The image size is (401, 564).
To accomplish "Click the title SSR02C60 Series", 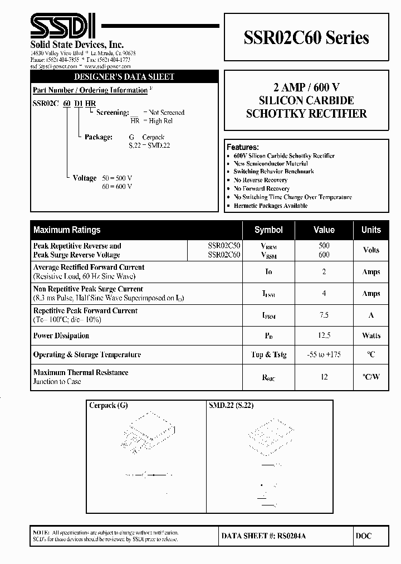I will click(x=306, y=38).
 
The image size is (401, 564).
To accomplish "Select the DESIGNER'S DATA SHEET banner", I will click(x=124, y=77).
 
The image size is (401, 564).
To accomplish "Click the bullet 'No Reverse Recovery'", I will click(x=260, y=180).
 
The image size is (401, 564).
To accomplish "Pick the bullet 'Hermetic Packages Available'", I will click(x=270, y=206).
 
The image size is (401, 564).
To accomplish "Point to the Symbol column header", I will click(x=268, y=230).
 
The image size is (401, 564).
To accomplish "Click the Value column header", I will click(x=324, y=230).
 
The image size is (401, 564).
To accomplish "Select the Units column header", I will click(x=371, y=230).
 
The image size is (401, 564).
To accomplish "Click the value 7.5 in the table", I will click(x=324, y=315).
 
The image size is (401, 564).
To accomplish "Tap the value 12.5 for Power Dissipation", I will click(x=324, y=336).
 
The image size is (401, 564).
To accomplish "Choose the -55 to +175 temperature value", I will click(x=324, y=354).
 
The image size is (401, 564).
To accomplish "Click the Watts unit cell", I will click(x=371, y=336).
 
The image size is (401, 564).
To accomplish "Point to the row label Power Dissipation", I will click(x=61, y=336).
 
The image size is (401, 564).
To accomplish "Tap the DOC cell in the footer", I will click(x=363, y=536).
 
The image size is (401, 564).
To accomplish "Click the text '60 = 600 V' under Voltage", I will click(x=117, y=186).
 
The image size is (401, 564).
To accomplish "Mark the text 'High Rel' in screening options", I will click(x=161, y=120).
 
